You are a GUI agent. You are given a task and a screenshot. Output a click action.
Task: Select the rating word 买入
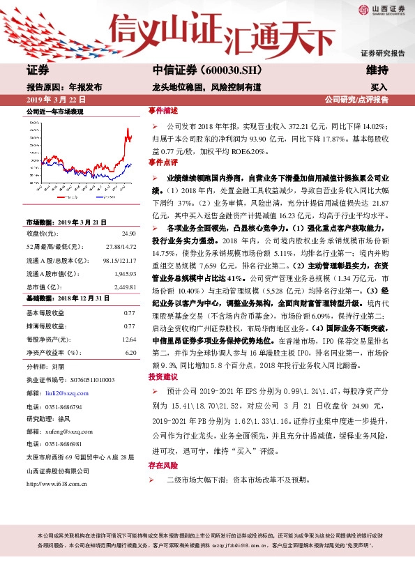379,88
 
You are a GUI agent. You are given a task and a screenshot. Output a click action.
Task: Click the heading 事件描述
163,111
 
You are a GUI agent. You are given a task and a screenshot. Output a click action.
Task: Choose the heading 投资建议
163,376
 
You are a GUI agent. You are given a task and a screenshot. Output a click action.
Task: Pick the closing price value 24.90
128,234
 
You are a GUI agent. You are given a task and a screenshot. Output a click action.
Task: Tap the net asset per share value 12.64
128,339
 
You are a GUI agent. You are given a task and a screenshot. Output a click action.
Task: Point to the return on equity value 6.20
130,352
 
